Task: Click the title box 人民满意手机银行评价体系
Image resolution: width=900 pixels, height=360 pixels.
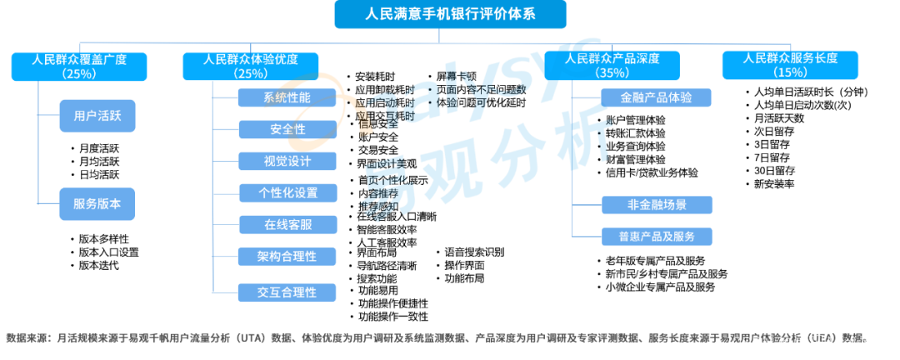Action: [450, 14]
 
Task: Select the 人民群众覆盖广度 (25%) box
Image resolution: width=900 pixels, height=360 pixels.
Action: [79, 66]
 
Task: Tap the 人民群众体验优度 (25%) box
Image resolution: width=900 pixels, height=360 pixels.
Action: [250, 66]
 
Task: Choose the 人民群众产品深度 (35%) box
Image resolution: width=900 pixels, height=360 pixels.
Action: [612, 66]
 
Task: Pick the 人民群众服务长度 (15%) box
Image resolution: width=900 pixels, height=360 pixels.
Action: [790, 66]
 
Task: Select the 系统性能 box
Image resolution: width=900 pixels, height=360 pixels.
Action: [287, 97]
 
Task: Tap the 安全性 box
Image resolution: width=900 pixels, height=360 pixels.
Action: [287, 129]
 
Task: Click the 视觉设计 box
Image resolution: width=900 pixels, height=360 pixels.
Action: [287, 161]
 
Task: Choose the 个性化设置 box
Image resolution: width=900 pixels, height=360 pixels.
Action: [287, 192]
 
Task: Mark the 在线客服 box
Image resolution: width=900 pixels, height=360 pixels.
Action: [287, 224]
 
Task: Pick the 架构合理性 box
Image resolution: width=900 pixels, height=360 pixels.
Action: [287, 256]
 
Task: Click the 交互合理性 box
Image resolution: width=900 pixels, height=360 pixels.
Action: [287, 292]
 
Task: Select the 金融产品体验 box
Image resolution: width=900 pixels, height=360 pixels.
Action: [657, 97]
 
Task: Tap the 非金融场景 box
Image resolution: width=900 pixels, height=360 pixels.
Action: [657, 205]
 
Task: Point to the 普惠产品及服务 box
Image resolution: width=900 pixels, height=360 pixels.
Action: [657, 236]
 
